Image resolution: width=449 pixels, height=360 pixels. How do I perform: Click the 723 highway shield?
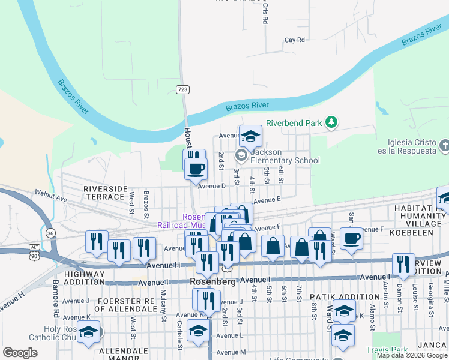tap(183, 89)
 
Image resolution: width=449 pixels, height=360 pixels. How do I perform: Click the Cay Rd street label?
tap(295, 40)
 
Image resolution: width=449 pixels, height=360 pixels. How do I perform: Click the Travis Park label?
tap(387, 349)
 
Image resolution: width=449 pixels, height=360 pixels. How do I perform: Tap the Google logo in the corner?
tap(20, 353)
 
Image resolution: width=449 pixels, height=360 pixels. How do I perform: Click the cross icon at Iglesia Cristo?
tap(444, 145)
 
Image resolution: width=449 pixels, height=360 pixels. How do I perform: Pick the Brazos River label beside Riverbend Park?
tap(247, 106)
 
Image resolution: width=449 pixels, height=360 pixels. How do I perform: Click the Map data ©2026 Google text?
tap(412, 355)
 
